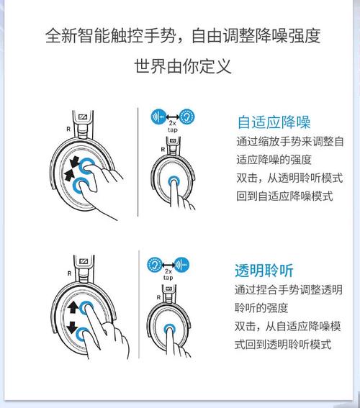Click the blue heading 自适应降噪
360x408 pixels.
274,122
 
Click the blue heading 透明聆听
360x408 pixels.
264,271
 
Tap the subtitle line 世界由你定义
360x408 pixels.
183,66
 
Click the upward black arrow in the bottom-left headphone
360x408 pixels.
73,307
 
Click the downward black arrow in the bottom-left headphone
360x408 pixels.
72,327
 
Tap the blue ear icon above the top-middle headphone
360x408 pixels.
187,117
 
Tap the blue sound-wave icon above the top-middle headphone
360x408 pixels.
158,117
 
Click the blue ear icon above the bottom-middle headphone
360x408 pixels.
155,265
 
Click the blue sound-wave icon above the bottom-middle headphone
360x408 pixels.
181,265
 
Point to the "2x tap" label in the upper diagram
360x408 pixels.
173,127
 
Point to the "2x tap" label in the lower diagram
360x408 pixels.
168,274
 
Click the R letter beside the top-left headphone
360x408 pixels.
68,129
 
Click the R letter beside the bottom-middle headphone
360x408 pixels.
158,297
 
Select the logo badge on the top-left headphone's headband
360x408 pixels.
83,117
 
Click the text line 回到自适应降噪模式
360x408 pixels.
284,196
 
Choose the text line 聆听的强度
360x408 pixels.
261,308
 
